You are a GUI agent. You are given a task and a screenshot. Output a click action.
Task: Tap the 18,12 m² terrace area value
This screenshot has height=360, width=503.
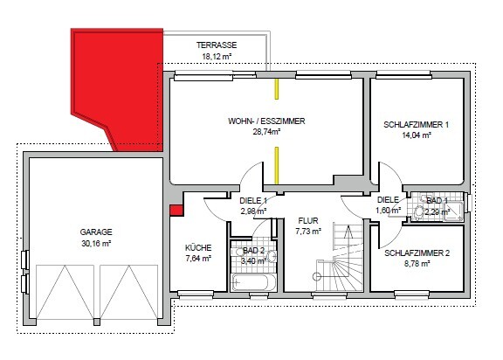click(x=217, y=56)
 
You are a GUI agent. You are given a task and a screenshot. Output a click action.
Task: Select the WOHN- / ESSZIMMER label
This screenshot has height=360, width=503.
click(x=266, y=121)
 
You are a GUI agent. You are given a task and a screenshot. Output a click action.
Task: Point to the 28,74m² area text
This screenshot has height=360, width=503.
click(x=266, y=132)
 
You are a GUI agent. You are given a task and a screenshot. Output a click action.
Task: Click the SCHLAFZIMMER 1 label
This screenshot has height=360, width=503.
click(x=416, y=125)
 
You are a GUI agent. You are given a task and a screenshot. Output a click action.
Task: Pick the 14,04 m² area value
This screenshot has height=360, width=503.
click(x=416, y=135)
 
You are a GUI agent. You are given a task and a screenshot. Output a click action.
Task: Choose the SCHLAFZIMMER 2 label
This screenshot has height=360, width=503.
click(x=417, y=253)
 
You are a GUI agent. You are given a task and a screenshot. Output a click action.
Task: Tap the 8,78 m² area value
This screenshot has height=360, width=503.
click(x=417, y=264)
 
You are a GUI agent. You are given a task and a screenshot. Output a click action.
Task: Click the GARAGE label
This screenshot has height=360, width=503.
click(x=96, y=232)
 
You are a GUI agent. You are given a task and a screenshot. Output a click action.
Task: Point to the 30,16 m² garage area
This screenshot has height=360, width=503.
click(x=96, y=243)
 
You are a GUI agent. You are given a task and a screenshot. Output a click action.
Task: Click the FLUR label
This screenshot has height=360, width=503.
click(x=307, y=221)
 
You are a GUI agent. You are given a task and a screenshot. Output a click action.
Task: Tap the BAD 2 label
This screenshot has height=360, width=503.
click(x=253, y=251)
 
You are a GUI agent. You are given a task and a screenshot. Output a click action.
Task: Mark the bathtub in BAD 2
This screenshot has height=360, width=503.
click(x=254, y=282)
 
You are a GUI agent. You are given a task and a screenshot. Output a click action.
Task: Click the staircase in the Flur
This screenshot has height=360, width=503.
click(x=341, y=262)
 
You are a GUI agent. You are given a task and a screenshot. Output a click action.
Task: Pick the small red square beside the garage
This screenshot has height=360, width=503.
click(x=176, y=210)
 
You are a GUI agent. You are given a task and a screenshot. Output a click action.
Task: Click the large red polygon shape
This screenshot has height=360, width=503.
click(x=114, y=87)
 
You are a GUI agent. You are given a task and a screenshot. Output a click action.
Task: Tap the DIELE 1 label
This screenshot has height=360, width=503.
click(x=252, y=201)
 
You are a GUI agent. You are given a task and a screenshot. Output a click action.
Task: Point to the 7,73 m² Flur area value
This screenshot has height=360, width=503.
click(x=307, y=232)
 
